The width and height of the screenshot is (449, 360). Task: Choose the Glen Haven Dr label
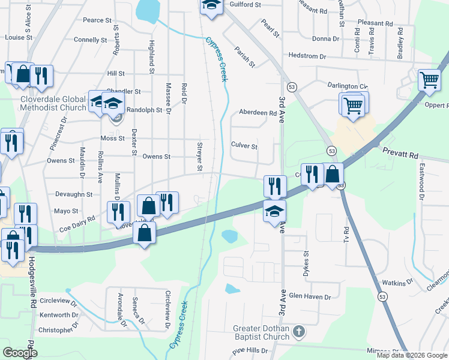point(310,296)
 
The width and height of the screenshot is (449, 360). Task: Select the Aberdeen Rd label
point(258,112)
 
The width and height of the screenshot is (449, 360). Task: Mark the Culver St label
point(244,146)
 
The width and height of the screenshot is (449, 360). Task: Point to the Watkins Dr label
point(399,281)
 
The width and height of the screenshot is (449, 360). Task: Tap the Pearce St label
point(97,20)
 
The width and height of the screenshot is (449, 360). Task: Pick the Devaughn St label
point(73,194)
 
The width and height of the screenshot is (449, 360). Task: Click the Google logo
point(20,353)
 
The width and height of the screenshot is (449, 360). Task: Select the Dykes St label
point(306,262)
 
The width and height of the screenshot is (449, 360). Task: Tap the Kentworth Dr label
point(58,314)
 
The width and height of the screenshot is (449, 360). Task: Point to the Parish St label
point(245,57)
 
